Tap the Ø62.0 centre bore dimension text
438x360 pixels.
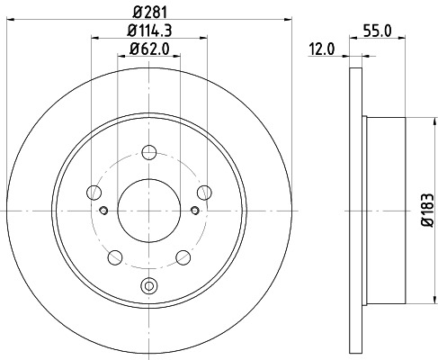(149, 52)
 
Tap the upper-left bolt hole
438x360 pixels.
(93, 191)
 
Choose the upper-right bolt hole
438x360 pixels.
(205, 191)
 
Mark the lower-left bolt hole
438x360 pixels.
(114, 257)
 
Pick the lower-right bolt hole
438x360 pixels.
(183, 257)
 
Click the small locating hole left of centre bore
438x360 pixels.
(103, 211)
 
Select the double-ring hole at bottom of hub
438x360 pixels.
(148, 288)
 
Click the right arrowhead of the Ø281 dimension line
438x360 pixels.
(291, 19)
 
